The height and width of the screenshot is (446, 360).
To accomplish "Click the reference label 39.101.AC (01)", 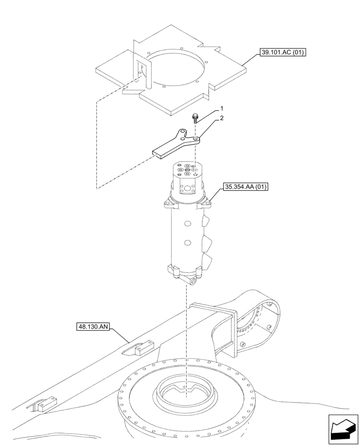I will [x=284, y=53].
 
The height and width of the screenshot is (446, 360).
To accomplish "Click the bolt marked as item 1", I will [x=195, y=119].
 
